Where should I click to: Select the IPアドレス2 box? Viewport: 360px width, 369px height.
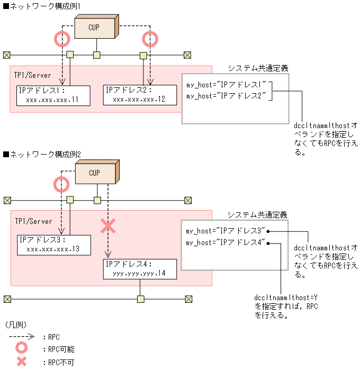point(140,95)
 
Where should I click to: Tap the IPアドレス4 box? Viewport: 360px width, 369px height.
point(140,269)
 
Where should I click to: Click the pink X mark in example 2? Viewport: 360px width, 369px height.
point(108,226)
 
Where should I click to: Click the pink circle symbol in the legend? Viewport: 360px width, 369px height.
point(22,349)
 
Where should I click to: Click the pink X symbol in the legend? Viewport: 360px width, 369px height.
point(22,363)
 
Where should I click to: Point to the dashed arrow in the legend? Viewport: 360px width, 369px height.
point(21,336)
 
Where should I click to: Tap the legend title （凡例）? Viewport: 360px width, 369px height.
point(15,324)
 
